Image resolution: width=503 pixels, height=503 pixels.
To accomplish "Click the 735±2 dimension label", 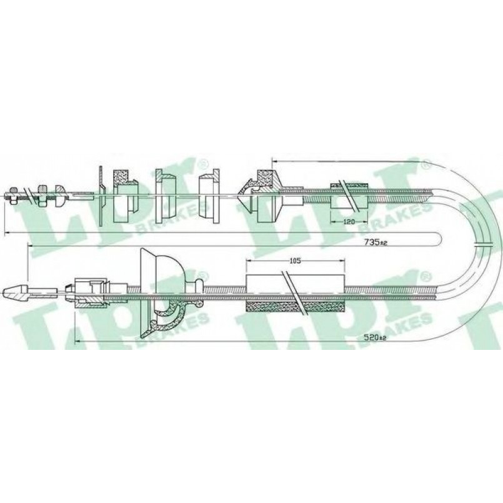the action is (376, 242).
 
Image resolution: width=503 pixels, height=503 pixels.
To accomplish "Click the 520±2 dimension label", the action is (376, 337).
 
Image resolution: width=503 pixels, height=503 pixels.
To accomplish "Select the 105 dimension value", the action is (295, 261).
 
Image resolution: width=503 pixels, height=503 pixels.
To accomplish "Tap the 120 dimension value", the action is (349, 221).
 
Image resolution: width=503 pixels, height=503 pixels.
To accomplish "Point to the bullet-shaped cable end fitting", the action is (16, 293).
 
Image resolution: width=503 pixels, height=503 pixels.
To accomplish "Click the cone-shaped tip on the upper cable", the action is (244, 194).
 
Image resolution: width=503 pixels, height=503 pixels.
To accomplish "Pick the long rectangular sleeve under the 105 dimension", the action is (295, 286).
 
